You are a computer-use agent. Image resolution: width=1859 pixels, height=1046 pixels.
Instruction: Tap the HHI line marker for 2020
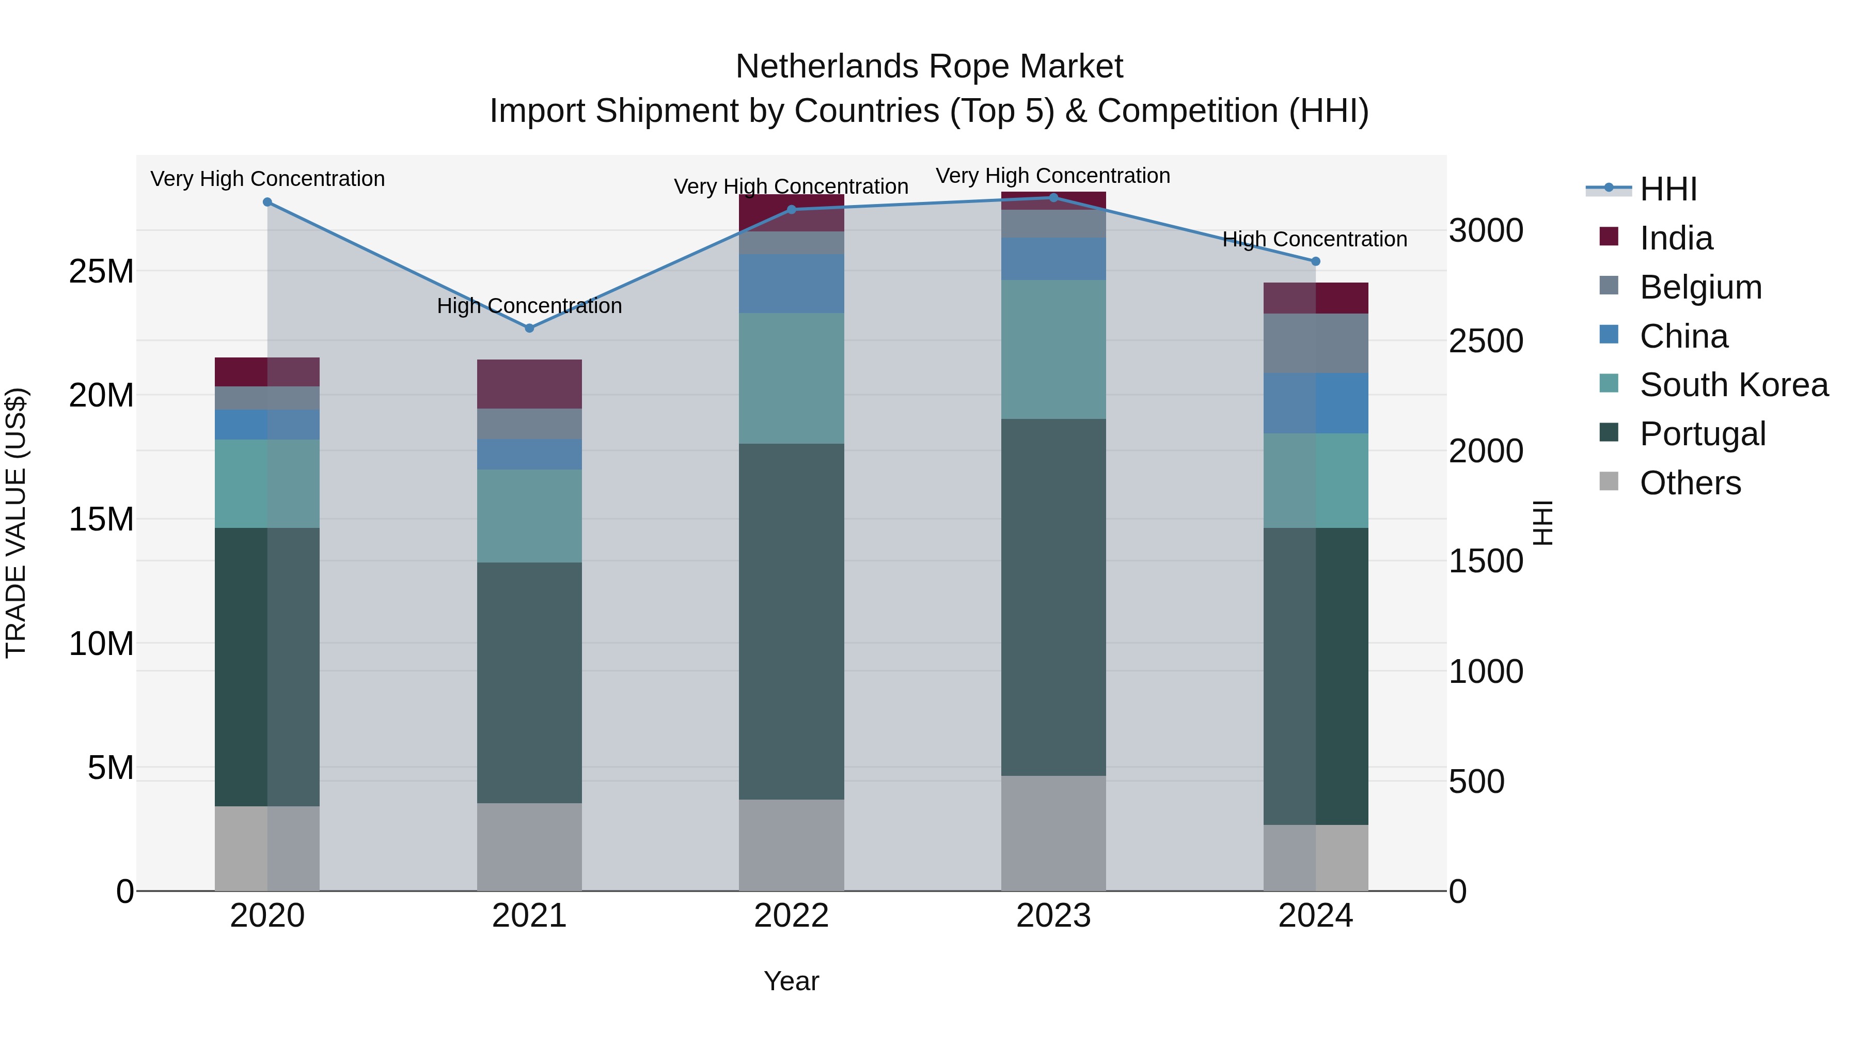click(x=267, y=202)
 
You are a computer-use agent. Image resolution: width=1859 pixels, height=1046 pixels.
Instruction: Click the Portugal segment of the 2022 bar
click(x=791, y=621)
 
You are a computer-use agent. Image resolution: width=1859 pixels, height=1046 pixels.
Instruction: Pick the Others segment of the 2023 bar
click(x=1053, y=833)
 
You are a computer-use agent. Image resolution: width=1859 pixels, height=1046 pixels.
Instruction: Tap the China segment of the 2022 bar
click(x=791, y=283)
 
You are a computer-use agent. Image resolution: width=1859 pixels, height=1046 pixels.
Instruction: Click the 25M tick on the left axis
click(x=101, y=271)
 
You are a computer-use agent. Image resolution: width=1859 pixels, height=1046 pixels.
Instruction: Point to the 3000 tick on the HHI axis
click(x=1485, y=231)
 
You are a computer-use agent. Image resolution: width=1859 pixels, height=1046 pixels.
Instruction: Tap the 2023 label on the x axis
click(x=1053, y=916)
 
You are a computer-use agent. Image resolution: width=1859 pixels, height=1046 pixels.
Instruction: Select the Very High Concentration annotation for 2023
click(x=1053, y=176)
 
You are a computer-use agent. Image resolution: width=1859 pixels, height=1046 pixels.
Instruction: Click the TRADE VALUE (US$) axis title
click(x=16, y=523)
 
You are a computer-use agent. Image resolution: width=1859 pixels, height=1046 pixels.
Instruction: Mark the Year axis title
click(x=791, y=981)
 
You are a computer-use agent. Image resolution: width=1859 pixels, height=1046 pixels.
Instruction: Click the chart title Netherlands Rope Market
click(x=929, y=67)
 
